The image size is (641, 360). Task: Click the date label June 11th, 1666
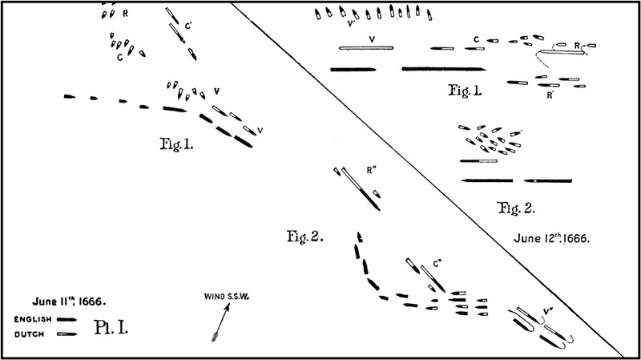[x=71, y=301]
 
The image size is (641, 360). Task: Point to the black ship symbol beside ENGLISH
[x=67, y=319]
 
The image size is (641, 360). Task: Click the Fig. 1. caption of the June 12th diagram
[x=466, y=90]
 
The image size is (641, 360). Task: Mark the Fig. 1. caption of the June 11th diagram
[x=178, y=147]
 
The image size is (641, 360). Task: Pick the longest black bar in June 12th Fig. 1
[x=443, y=68]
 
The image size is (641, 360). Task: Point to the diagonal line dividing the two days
[x=433, y=180]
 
